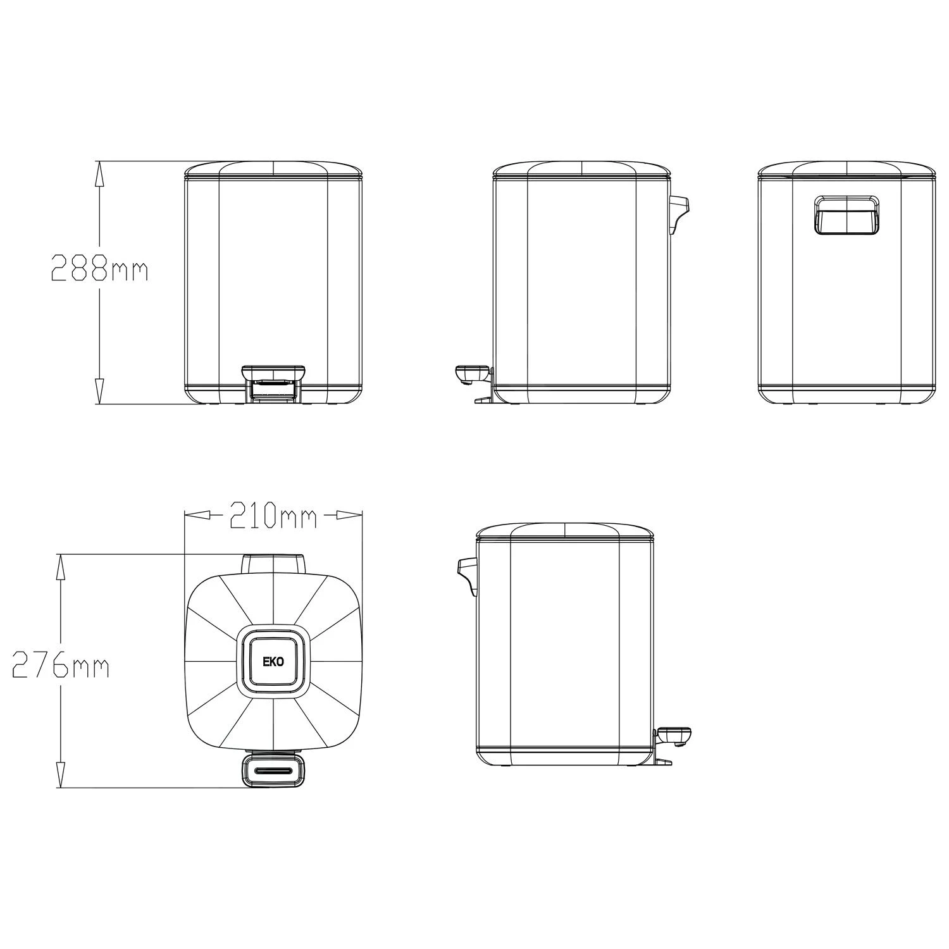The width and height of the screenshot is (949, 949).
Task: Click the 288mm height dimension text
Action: (x=99, y=268)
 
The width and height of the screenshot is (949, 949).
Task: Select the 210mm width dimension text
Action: (x=273, y=516)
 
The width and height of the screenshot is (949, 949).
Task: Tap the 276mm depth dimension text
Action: (x=61, y=666)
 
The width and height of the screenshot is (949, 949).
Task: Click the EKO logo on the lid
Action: (x=273, y=662)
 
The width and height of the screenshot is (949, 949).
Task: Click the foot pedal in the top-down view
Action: (x=273, y=771)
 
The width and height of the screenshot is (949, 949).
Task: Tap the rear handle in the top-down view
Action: (x=273, y=562)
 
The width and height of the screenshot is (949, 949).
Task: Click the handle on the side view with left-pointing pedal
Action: (x=678, y=212)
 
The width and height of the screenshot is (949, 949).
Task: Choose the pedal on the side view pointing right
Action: (x=674, y=735)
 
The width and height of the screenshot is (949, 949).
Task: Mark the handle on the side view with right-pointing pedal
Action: (x=467, y=572)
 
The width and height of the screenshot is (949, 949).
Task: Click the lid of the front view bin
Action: (x=273, y=169)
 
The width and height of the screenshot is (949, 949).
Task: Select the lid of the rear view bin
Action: (x=847, y=169)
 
